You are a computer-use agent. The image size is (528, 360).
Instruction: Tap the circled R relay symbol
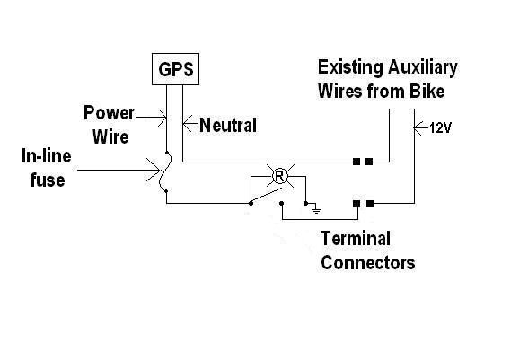point(279,176)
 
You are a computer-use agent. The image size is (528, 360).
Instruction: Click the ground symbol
point(316,210)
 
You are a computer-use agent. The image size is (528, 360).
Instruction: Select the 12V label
point(440,128)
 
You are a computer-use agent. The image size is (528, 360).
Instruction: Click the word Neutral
point(228,125)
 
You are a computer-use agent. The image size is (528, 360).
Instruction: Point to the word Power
point(109,112)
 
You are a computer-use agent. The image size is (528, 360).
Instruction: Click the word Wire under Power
point(110,136)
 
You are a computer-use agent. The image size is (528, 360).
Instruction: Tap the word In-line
point(47,156)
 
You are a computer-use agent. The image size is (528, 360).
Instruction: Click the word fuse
point(48,180)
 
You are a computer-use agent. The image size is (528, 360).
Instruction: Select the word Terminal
point(356,239)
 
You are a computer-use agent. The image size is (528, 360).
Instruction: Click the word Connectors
point(368,263)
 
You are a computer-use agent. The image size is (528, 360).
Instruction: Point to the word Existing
point(350,68)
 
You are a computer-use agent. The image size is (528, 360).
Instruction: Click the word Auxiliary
point(423,68)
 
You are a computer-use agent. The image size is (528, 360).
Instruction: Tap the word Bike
point(427,92)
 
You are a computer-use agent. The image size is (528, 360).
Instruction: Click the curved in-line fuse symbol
point(165,171)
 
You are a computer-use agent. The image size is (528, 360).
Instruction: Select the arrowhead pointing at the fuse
point(154,170)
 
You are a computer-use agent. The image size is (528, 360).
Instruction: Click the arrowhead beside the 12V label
point(418,128)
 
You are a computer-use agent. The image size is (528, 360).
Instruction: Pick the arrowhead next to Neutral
point(187,124)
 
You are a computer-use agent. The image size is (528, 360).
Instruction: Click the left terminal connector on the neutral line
point(356,162)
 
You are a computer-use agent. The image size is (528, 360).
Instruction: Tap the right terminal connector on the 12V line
point(370,204)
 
